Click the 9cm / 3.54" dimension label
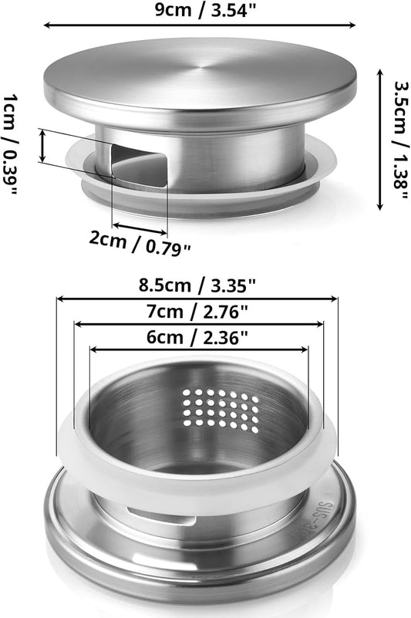(205, 9)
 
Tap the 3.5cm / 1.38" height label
(402, 140)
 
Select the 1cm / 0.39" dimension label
(10, 145)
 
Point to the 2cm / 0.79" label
(140, 243)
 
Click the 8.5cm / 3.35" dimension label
(197, 285)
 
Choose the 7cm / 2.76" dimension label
(197, 312)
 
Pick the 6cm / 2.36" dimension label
(197, 337)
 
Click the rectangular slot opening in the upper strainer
(139, 165)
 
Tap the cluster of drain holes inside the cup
(221, 409)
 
